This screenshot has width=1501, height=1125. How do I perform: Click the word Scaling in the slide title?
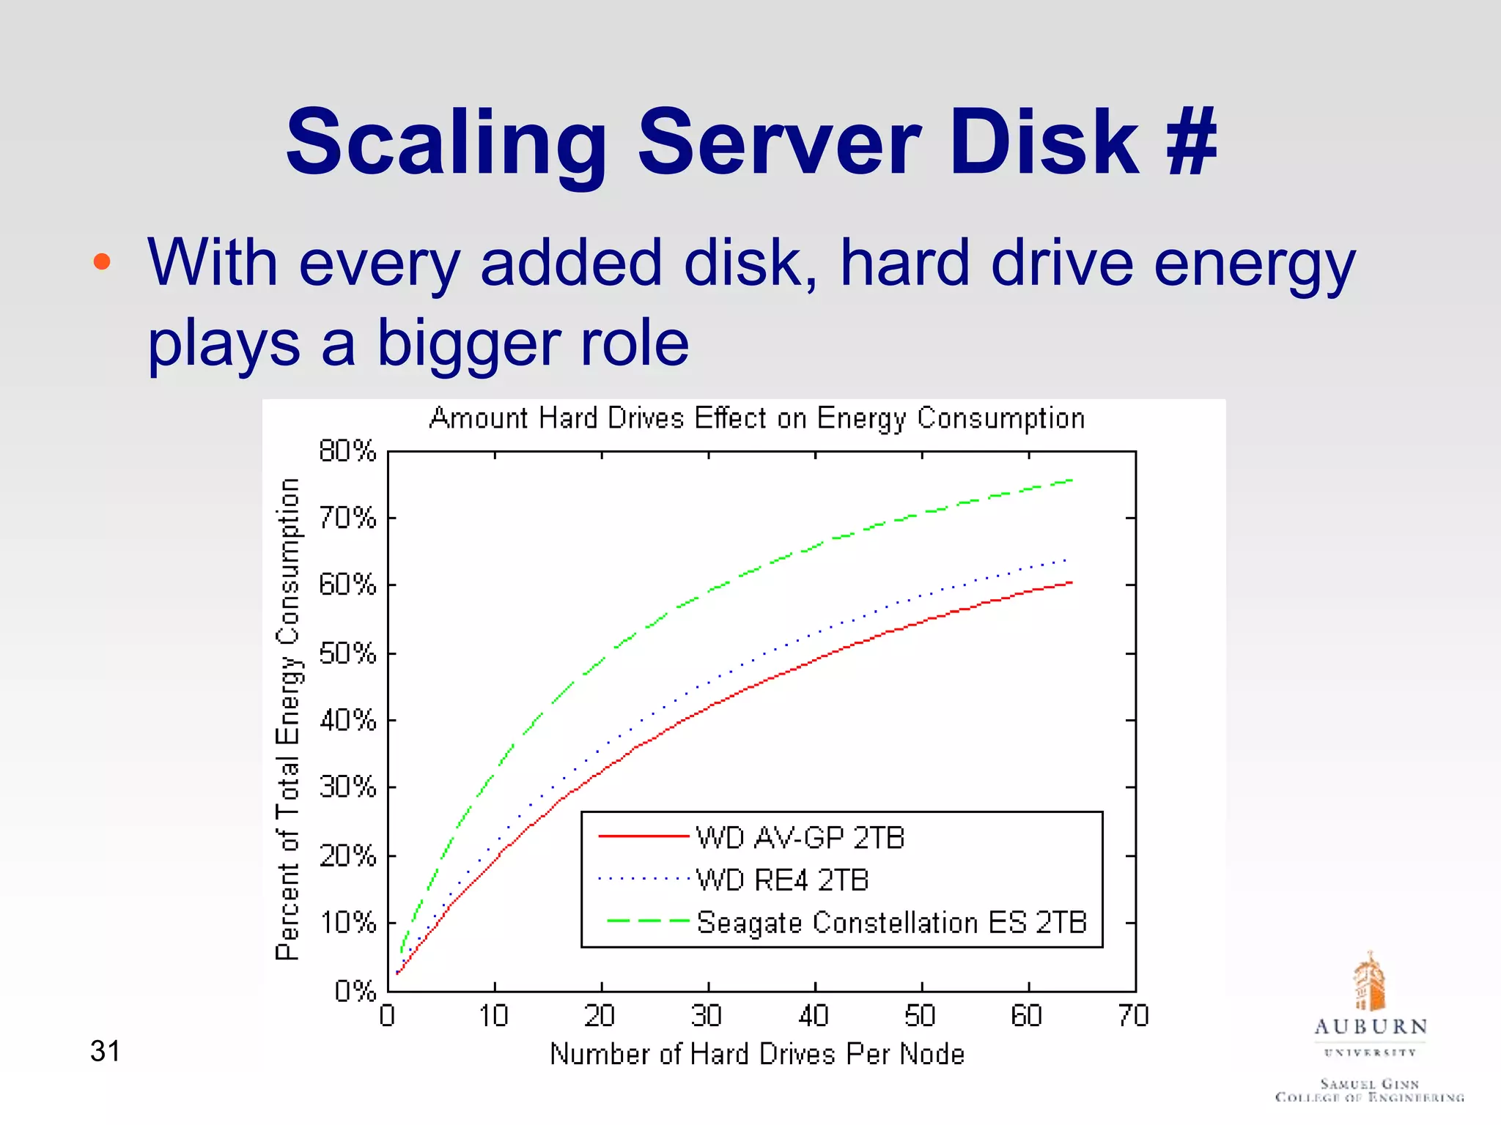446,143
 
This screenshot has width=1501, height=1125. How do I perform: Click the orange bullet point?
102,261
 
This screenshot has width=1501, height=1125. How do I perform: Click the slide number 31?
105,1051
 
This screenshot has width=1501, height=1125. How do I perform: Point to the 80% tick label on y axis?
347,450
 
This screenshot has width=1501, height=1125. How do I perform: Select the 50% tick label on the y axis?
347,653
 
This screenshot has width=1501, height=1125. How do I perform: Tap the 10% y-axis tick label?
347,923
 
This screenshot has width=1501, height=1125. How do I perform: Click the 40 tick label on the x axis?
814,1016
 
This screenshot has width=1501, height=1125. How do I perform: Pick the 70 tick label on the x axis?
1134,1016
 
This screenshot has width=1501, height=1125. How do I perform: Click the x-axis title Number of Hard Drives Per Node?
756,1054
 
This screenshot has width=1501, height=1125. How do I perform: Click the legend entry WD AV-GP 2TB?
800,837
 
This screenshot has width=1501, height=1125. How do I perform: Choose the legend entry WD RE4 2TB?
781,880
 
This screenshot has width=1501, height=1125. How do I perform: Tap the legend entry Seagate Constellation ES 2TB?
890,922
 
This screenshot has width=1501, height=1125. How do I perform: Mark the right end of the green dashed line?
1071,480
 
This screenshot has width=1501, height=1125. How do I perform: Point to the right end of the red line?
1071,583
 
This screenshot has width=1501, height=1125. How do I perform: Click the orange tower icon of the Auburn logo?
1368,981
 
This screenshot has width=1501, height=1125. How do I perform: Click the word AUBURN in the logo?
1370,1027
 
